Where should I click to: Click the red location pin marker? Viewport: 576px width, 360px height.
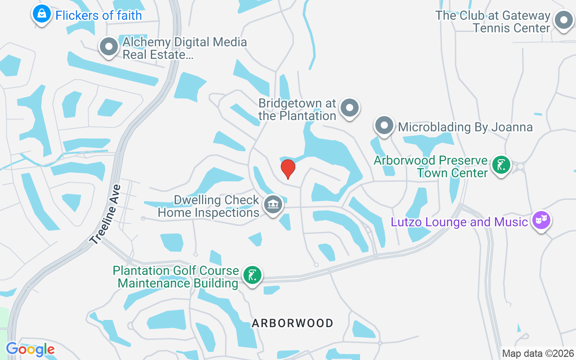[288, 168]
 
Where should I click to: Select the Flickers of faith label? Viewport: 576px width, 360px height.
[99, 15]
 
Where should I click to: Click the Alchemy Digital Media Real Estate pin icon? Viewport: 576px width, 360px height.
[108, 47]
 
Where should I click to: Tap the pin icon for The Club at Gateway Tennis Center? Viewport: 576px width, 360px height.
[563, 20]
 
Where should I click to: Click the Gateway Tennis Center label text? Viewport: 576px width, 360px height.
[493, 22]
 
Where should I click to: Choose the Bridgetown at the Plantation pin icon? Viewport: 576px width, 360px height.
[350, 108]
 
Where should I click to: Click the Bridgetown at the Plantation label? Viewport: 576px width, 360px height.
[297, 109]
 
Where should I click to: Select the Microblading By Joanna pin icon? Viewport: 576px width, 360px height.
[384, 126]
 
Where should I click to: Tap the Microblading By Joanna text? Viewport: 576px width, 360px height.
[465, 127]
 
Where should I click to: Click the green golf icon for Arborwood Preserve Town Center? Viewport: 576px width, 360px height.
[501, 165]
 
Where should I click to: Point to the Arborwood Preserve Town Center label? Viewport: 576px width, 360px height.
[431, 166]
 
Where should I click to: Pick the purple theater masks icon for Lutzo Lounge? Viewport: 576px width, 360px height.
[541, 220]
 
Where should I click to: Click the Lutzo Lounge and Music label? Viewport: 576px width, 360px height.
[459, 222]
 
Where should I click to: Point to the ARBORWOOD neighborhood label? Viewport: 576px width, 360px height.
[292, 323]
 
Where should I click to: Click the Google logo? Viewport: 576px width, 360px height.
[30, 349]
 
